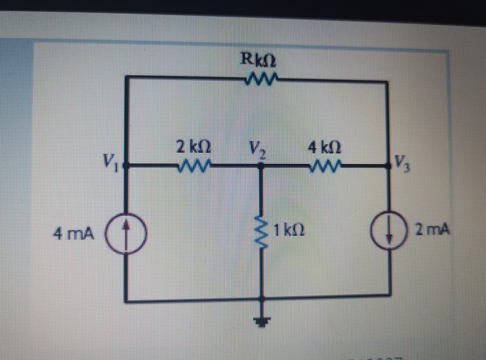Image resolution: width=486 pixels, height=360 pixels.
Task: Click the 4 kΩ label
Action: coord(327,146)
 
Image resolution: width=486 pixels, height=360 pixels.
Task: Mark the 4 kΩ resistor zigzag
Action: coord(327,165)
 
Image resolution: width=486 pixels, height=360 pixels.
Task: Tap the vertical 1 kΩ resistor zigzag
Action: coord(262,231)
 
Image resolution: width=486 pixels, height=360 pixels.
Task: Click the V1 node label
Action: coord(110,160)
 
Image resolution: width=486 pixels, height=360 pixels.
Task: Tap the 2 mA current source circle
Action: coord(387,232)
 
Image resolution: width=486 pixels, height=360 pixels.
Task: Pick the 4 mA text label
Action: coord(74,234)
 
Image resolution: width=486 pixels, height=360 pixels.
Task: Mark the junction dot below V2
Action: coord(261,167)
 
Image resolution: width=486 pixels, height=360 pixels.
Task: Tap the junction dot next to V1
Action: coord(126,166)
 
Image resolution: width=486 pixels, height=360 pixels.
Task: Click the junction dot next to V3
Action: coord(387,166)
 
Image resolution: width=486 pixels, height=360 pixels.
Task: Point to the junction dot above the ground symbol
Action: coord(262,302)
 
